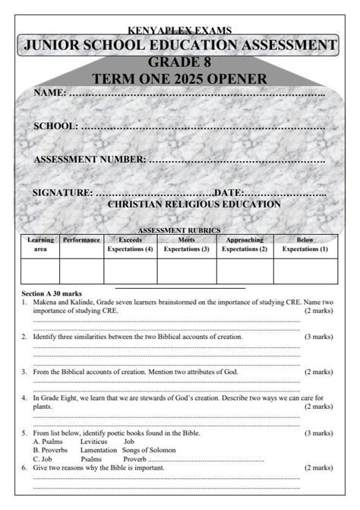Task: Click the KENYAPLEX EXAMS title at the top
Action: [x=179, y=30]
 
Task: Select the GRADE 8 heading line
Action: [x=179, y=62]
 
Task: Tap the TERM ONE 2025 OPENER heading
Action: [x=179, y=79]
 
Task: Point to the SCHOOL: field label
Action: [x=56, y=126]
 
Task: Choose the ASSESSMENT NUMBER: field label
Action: [x=90, y=160]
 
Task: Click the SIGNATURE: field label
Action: [x=63, y=193]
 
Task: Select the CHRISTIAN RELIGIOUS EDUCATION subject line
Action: [x=194, y=204]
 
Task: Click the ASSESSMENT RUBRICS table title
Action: [x=179, y=230]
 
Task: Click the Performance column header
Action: [x=81, y=240]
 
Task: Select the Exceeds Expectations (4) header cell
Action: [x=131, y=244]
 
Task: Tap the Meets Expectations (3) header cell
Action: [x=186, y=244]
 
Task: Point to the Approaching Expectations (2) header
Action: [x=245, y=244]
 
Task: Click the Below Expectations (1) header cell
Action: [x=305, y=244]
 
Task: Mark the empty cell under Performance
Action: [x=81, y=271]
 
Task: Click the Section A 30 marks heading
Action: [x=52, y=293]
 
